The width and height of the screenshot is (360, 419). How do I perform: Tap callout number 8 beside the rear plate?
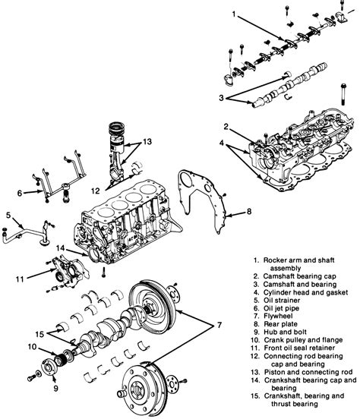248,211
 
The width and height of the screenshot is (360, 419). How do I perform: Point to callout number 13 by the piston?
147,142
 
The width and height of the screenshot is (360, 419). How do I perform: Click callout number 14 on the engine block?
58,248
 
